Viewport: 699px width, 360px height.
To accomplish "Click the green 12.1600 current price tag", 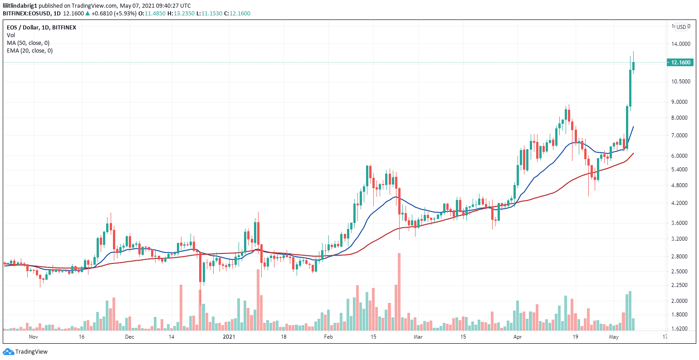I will pos(679,63).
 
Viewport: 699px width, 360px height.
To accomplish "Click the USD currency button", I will pos(681,27).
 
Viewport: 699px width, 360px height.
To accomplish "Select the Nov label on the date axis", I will pos(33,337).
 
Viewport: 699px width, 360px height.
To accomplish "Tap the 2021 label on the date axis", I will pos(229,337).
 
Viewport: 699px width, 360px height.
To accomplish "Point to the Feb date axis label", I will pos(328,337).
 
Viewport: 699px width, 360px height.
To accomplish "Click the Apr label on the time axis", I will pos(518,337).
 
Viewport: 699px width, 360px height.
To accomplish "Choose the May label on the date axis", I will pos(614,337).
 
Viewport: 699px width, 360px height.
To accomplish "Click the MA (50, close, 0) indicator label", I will pos(28,43).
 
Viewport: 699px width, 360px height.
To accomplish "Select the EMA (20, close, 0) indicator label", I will pos(29,51).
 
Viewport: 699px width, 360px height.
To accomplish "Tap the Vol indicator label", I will pos(10,35).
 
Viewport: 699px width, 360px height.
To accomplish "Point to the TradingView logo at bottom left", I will pos(25,352).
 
